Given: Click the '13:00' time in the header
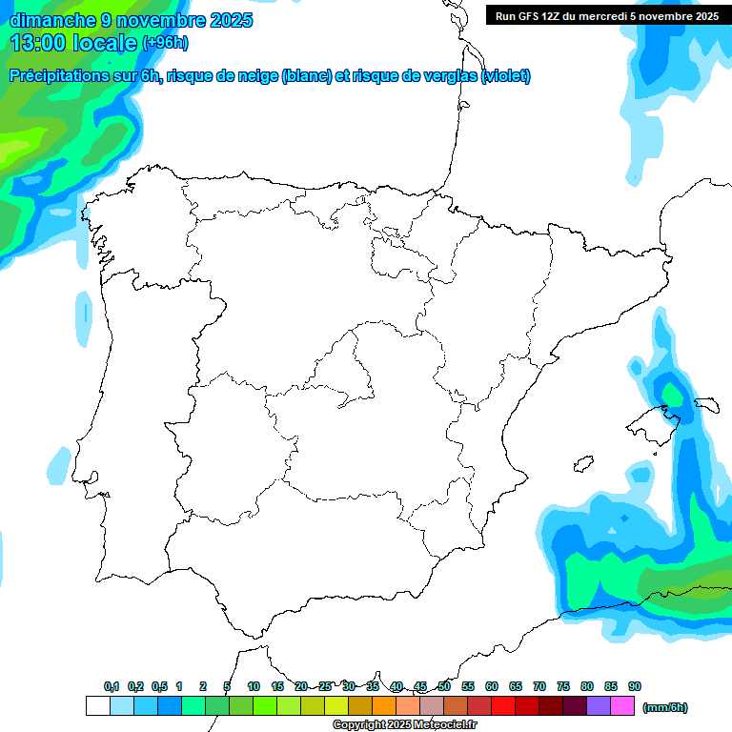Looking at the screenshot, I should pos(39,42).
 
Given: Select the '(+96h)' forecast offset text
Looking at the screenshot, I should pos(166,42).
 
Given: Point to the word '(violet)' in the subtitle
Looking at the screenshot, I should pos(506,76).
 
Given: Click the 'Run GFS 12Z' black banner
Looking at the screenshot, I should pos(606,15).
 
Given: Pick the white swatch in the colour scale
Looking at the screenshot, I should pos(97,706).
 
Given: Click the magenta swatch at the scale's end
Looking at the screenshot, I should pos(622,706).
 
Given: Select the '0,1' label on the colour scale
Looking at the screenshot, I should pos(112,686).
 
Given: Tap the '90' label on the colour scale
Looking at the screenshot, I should pos(635,686).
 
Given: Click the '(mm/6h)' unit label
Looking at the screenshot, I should pos(664,707).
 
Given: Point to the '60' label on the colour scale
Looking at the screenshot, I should pos(492,686).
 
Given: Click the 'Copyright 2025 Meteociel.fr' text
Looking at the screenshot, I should pos(404,725).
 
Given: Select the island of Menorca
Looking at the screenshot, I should pos(707,404).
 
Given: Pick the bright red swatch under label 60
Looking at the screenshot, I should pos(503,706).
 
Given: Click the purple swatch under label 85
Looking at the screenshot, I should pos(599,706).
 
